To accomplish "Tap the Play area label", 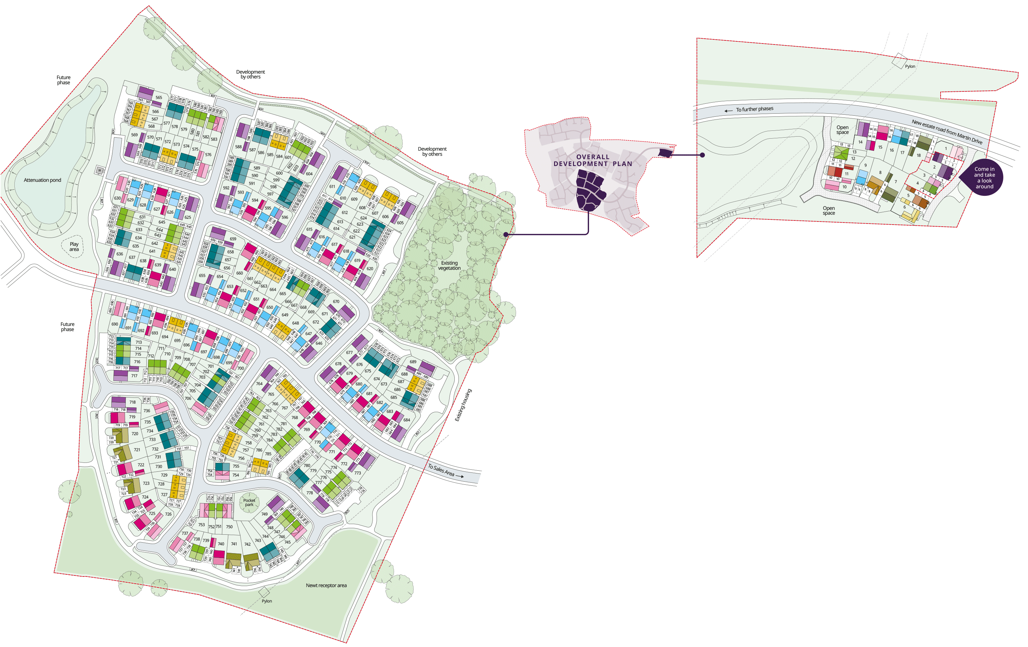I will point(74,246).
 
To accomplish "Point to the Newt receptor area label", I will point(326,585).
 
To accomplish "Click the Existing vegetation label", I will point(449,265).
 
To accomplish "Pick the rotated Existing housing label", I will point(463,405).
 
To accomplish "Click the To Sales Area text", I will point(441,470).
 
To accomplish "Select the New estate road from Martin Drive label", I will point(947,132).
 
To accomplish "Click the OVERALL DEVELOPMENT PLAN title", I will point(592,160).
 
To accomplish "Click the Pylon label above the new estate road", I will point(910,66).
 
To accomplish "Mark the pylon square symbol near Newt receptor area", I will point(264,592).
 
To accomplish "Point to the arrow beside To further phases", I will point(728,111).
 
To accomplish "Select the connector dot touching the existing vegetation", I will point(506,234).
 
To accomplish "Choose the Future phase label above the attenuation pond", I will point(64,80).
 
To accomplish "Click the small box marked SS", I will point(99,170).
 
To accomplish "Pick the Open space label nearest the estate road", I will point(842,130).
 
